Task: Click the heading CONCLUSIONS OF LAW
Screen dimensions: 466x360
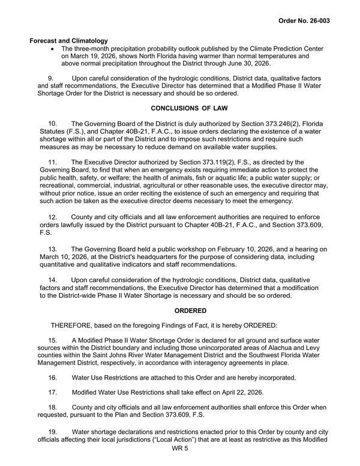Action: coord(190,109)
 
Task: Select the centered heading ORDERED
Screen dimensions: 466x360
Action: coord(190,311)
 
